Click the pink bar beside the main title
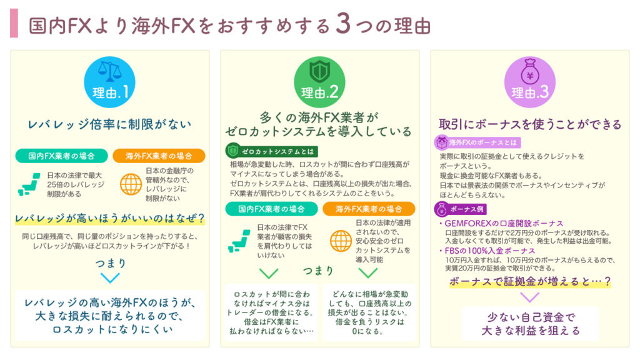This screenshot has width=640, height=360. point(14,23)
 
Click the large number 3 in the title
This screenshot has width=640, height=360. point(343,24)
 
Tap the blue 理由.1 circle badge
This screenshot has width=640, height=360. point(109,82)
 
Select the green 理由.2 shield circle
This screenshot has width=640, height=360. point(319,82)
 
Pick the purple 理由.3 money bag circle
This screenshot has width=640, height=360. point(530,82)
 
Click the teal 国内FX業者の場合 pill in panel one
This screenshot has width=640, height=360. point(62,156)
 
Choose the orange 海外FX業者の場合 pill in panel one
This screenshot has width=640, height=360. point(159,156)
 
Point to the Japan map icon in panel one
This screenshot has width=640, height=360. point(29,184)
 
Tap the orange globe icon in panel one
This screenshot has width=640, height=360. point(131,184)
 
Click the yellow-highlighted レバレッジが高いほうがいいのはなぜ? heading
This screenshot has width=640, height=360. point(110,219)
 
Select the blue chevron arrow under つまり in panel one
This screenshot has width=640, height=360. point(110,278)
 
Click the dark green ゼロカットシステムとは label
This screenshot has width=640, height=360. point(272,151)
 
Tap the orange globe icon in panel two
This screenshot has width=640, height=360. point(341,241)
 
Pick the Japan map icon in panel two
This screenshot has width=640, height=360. point(239,241)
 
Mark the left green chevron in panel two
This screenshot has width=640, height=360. point(269,273)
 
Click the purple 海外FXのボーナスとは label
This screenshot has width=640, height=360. point(477,142)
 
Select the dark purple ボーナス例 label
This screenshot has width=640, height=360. point(460,209)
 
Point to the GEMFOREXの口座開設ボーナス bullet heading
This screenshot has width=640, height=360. point(501,223)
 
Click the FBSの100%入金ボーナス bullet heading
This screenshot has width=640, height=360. point(487,251)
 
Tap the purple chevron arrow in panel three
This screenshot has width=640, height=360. point(530,297)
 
